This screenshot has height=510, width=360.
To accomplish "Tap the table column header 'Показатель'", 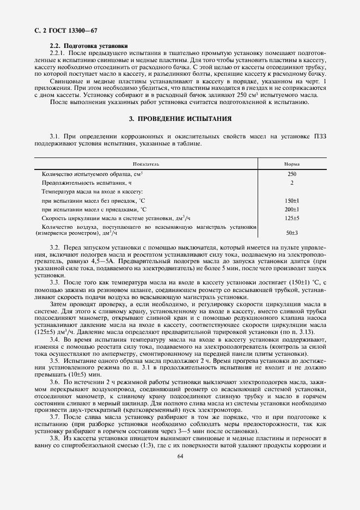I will pyautogui.click(x=145, y=164).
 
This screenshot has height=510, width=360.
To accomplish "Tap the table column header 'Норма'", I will pyautogui.click(x=291, y=164).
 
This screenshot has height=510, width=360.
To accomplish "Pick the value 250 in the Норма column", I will pyautogui.click(x=292, y=174).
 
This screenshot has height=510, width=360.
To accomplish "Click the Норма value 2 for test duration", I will pyautogui.click(x=292, y=183).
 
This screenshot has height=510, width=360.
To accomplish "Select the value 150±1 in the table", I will pyautogui.click(x=292, y=201).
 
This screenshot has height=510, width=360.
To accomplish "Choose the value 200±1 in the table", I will pyautogui.click(x=292, y=209).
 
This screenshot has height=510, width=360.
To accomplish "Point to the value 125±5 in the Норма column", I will pyautogui.click(x=292, y=218).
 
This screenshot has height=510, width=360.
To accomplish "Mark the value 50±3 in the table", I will pyautogui.click(x=292, y=233).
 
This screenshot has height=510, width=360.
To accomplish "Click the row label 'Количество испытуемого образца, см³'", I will pyautogui.click(x=92, y=174).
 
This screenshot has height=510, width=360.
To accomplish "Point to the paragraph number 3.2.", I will pyautogui.click(x=55, y=247).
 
